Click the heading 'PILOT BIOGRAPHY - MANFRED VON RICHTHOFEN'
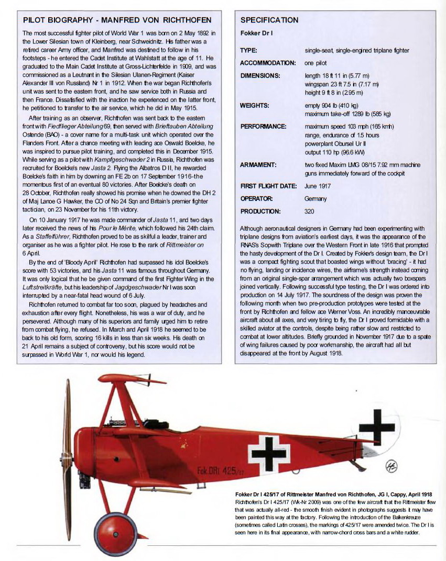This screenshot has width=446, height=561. pos(117,20)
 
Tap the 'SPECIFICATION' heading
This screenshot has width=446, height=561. pos(269,20)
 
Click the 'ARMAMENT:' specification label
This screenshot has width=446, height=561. pos(258,165)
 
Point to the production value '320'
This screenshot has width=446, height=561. pos(310,211)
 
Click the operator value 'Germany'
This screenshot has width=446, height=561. pos(316,199)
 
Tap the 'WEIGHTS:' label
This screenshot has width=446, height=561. pos(254,105)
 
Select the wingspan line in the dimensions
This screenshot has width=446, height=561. pos(341,84)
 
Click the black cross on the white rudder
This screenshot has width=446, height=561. pos(376,426)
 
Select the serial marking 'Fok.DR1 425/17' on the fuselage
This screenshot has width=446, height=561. pos(220,470)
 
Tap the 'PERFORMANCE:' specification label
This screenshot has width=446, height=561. pos(263,127)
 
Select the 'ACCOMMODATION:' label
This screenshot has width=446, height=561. pos(268,63)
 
